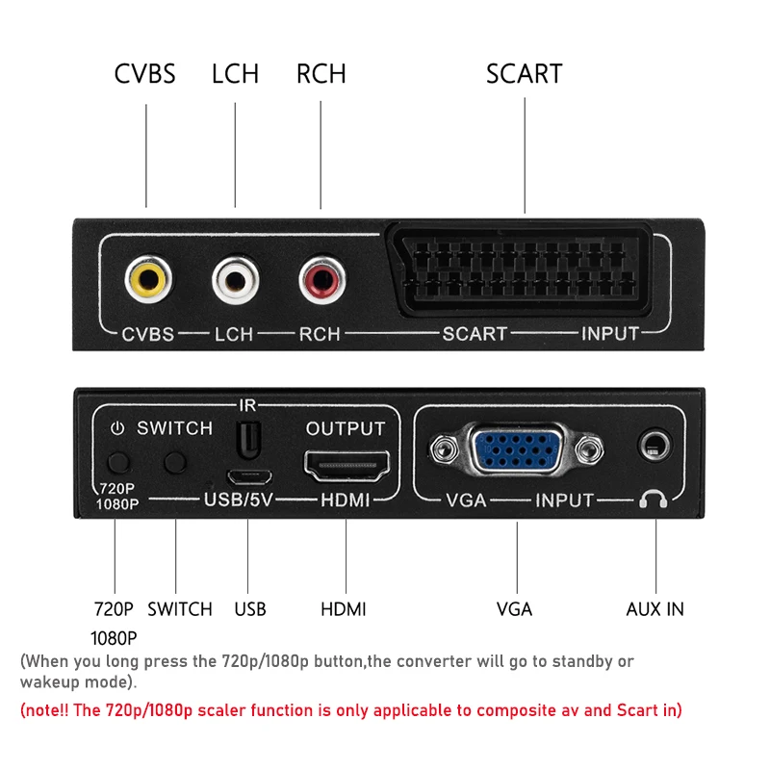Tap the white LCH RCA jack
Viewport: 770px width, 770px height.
(236, 280)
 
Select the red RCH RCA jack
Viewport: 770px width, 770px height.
(321, 280)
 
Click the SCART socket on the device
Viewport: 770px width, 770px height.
(526, 269)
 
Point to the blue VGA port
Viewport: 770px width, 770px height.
(517, 450)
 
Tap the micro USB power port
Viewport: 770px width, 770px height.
(248, 475)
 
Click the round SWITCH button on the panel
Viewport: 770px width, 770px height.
(175, 462)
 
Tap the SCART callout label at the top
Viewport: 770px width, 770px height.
(525, 74)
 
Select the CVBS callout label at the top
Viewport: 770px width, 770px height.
(145, 74)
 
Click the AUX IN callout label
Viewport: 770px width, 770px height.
(655, 609)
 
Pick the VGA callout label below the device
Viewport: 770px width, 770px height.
(515, 609)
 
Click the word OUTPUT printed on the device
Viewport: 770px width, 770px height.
(346, 428)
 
